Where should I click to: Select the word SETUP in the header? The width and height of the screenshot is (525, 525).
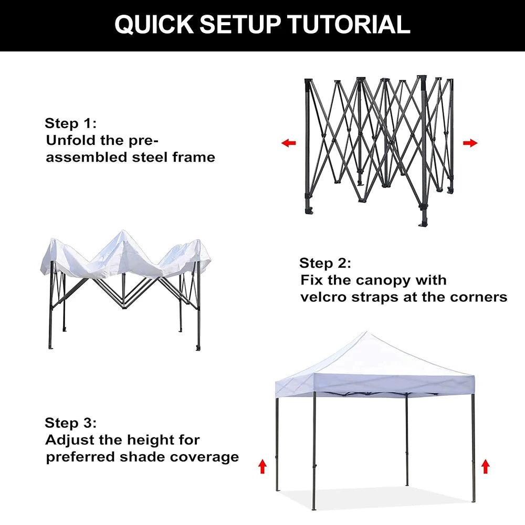240,25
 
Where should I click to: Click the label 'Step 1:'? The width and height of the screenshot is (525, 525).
70,123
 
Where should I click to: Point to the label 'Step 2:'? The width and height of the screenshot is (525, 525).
325,263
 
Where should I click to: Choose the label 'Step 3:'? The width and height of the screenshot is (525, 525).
70,423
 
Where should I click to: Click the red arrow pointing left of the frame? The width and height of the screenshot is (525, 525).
288,143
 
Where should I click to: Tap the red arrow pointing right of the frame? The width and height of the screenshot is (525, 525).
470,143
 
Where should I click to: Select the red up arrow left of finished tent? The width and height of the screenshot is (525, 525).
262,466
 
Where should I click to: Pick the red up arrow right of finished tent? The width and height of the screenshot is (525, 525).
485,466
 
